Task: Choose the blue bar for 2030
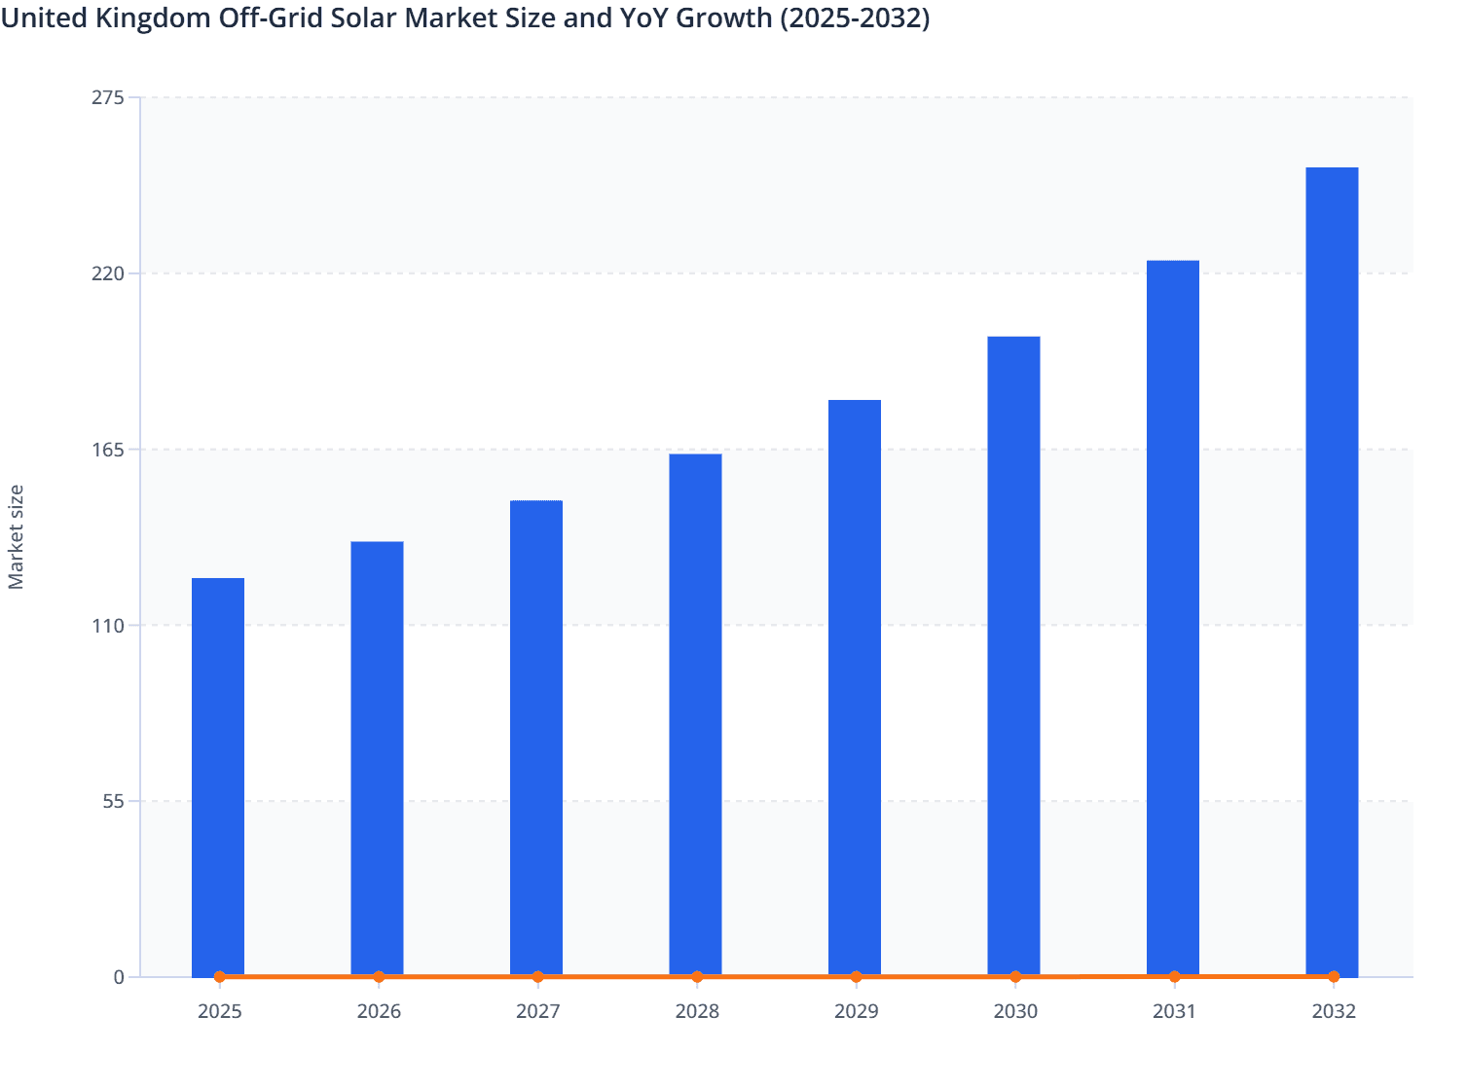(1013, 656)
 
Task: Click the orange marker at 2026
(379, 976)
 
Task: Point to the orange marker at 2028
(697, 976)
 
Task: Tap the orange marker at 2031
(1174, 976)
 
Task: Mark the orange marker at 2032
(1334, 976)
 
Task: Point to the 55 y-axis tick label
(115, 802)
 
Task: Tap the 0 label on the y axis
(119, 977)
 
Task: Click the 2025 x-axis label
(219, 1011)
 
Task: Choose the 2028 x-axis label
(697, 1011)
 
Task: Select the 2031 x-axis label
(1174, 1011)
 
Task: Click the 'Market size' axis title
(17, 536)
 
